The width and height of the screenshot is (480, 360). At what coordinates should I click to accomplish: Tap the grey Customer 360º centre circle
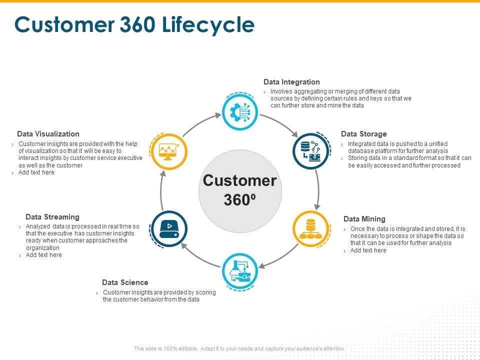pos(240,190)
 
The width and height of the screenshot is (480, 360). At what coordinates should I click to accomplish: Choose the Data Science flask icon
pos(240,270)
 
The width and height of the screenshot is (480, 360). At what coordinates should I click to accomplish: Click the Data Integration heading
pos(291,82)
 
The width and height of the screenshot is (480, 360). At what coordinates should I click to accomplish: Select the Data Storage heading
pos(364,134)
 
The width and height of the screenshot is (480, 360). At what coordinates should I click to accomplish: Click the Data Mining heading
pos(364,219)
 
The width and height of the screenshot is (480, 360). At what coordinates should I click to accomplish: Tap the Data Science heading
pos(125,282)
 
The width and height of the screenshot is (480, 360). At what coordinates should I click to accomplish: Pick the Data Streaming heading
pos(52,217)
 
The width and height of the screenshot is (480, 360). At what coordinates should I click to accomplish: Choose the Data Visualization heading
pos(48,134)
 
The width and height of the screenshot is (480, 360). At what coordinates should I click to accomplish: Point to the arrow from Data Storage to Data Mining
pos(318,189)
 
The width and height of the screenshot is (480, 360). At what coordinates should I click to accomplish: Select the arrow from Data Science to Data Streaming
pos(199,254)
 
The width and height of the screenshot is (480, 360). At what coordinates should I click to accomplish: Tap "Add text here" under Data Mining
pos(368,250)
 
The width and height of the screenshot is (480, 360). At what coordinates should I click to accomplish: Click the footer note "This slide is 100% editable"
pos(239,348)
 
